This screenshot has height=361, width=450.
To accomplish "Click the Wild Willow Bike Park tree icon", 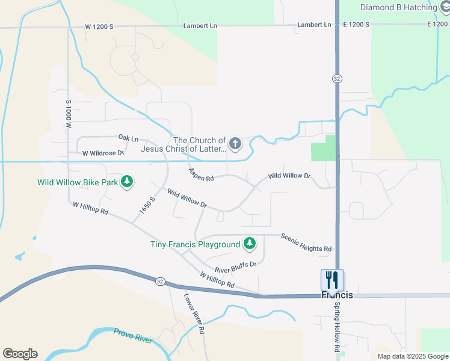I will [126, 181].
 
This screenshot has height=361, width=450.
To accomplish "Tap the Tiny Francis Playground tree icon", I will [250, 244].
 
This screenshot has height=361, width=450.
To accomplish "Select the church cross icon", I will [235, 144].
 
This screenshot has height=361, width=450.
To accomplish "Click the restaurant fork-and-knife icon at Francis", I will [332, 280].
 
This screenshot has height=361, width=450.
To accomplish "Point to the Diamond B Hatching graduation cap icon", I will [445, 7].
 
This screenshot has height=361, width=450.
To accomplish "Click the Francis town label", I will [337, 295].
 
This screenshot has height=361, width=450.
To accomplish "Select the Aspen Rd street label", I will [201, 175].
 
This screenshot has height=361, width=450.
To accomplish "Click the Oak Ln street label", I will [128, 138].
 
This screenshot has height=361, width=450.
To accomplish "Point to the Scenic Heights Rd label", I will [306, 242].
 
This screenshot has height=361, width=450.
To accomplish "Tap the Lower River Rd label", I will [195, 313].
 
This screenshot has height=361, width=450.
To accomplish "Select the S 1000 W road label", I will [69, 115].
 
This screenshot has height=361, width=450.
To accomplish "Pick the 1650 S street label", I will [147, 205].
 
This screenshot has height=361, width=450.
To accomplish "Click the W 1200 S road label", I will [99, 27].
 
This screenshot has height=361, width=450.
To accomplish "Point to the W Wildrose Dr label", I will [103, 153].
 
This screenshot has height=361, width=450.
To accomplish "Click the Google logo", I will [20, 354].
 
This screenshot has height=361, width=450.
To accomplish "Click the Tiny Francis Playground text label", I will [195, 244].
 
